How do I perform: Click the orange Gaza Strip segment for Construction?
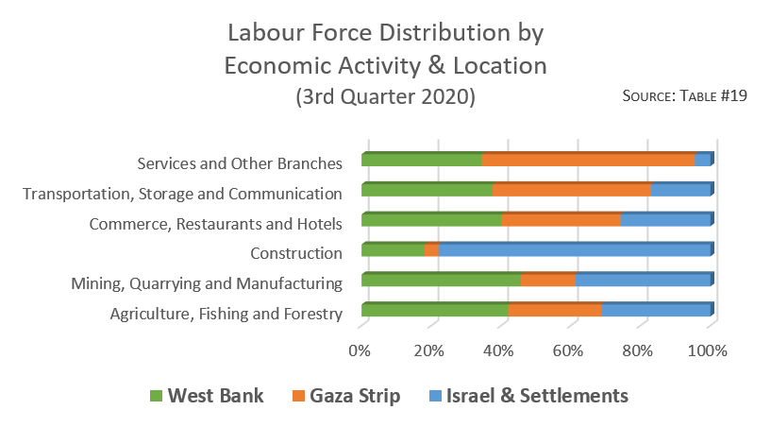pyautogui.click(x=431, y=250)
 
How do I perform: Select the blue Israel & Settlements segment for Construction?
pyautogui.click(x=574, y=250)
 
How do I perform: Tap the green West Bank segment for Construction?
pyautogui.click(x=393, y=250)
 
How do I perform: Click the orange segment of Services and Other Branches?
pyautogui.click(x=588, y=160)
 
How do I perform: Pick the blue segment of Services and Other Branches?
pyautogui.click(x=702, y=160)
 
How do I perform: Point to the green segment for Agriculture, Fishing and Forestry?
pyautogui.click(x=434, y=310)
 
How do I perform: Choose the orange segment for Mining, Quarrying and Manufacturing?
pyautogui.click(x=547, y=281)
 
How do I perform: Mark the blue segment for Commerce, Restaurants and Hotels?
pyautogui.click(x=664, y=220)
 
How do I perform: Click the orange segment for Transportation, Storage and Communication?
pyautogui.click(x=571, y=190)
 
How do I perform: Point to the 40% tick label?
pyautogui.click(x=498, y=350)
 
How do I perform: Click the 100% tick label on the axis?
pyautogui.click(x=708, y=350)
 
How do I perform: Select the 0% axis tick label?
pyautogui.click(x=360, y=350)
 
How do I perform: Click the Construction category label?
pyautogui.click(x=295, y=253)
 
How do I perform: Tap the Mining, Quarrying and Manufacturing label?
pyautogui.click(x=207, y=282)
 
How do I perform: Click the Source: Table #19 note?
pyautogui.click(x=685, y=96)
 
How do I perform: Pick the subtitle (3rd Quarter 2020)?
pyautogui.click(x=385, y=97)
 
